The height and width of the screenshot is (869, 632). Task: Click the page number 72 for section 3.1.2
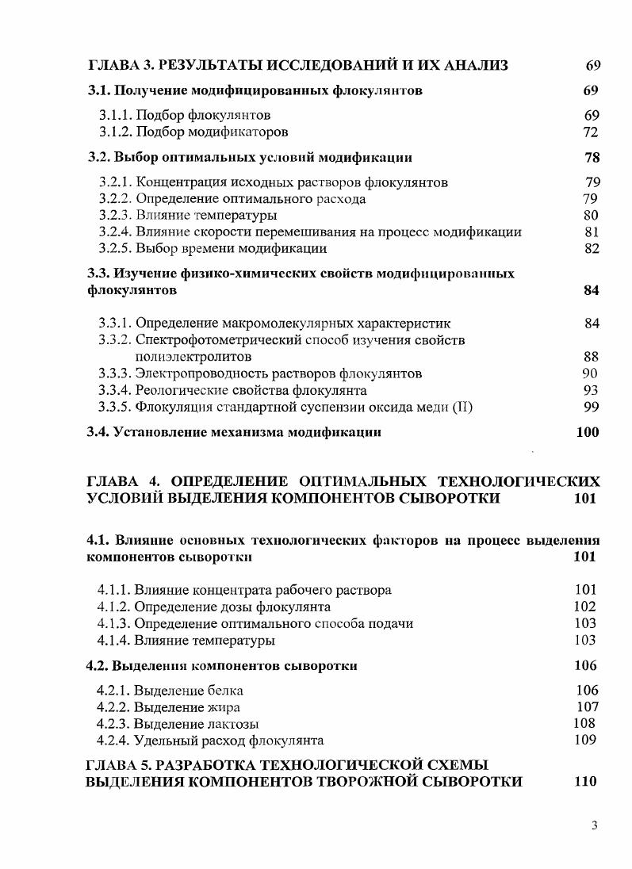(590, 132)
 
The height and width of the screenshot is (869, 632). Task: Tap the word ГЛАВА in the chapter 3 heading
(111, 65)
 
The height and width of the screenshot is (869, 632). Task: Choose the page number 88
(590, 357)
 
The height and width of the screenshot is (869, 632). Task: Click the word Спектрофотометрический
(216, 340)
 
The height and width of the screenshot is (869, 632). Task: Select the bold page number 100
(587, 432)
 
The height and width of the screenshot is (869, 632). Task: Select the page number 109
(585, 741)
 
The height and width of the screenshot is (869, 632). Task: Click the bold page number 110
(584, 782)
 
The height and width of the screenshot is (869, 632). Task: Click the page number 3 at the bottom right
(594, 825)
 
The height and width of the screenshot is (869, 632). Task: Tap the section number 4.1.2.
(113, 607)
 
